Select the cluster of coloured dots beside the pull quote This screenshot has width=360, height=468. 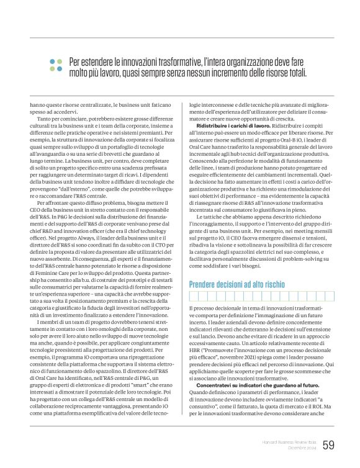tap(56, 65)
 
